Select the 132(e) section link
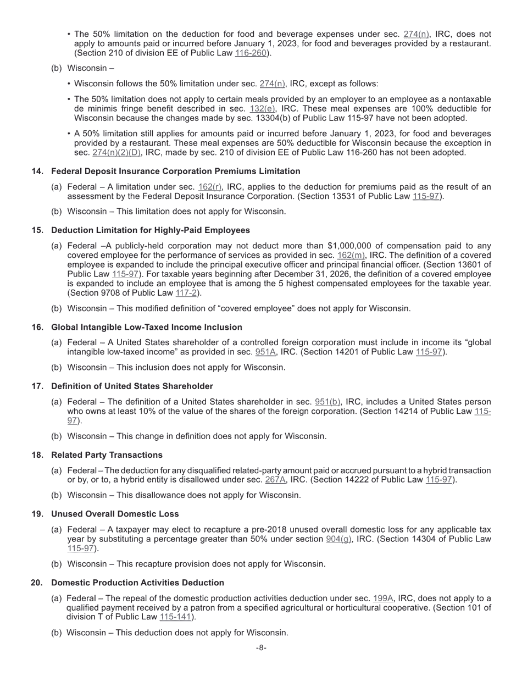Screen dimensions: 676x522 click(x=262, y=109)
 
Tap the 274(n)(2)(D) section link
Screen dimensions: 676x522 click(x=116, y=152)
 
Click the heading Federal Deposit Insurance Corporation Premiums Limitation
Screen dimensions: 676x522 click(x=175, y=171)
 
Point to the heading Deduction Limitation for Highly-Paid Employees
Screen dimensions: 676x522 click(x=150, y=230)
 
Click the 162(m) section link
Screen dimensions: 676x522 click(x=351, y=256)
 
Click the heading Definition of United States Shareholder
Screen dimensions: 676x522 click(x=132, y=386)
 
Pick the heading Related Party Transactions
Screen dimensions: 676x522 click(x=107, y=455)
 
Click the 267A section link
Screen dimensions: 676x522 click(x=274, y=480)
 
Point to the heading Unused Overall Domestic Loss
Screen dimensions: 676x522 click(x=115, y=514)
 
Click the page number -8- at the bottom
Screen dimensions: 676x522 click(x=261, y=648)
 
